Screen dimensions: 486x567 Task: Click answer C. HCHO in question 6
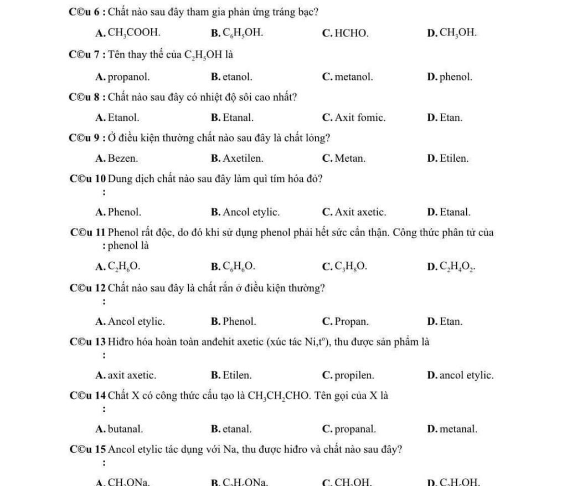(344, 33)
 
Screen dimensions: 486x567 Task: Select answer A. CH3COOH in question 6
(128, 33)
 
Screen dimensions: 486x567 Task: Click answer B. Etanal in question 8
(233, 117)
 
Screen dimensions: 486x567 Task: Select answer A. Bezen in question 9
(117, 158)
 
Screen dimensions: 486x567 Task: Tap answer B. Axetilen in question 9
(238, 158)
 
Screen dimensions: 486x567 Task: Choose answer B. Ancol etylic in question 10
(245, 212)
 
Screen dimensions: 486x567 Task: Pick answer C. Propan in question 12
(344, 321)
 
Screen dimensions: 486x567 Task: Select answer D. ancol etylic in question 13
(460, 375)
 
